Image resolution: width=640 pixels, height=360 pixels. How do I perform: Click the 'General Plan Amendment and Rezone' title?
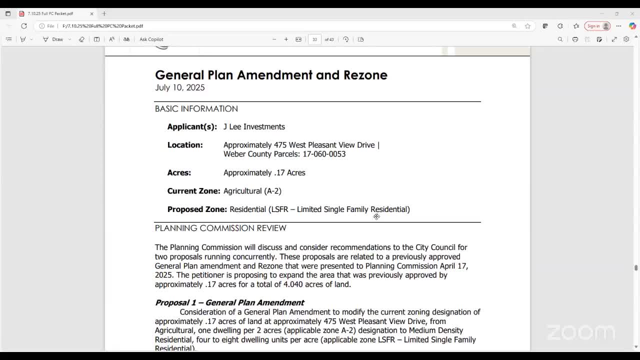click(271, 75)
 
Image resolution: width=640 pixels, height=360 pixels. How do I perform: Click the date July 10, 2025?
click(180, 87)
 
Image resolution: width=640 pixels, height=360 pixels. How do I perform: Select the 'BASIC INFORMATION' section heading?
click(196, 109)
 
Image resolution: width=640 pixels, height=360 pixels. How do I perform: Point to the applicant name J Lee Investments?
click(254, 127)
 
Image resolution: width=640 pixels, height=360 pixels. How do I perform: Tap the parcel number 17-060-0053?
click(324, 154)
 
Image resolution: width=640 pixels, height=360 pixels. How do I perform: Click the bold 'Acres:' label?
click(179, 173)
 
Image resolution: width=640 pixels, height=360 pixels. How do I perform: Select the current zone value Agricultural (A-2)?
click(252, 191)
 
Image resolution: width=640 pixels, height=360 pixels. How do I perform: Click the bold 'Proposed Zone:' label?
click(197, 209)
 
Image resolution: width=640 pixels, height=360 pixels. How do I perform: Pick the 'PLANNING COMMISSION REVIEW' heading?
click(220, 228)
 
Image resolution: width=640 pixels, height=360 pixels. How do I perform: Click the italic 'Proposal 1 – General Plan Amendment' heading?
click(229, 302)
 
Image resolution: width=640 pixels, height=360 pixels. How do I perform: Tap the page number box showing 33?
click(314, 39)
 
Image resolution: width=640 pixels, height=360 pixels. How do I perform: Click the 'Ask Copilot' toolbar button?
click(151, 39)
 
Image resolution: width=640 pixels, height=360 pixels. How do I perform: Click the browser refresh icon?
click(24, 26)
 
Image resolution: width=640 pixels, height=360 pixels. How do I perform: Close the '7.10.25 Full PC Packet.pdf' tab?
click(91, 13)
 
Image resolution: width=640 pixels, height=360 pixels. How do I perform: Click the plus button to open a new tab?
click(104, 13)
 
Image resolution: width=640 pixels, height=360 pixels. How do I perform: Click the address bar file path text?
click(103, 26)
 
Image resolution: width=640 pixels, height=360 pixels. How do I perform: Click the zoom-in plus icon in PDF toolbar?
click(286, 39)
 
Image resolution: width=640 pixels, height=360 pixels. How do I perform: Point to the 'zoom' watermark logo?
click(580, 332)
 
